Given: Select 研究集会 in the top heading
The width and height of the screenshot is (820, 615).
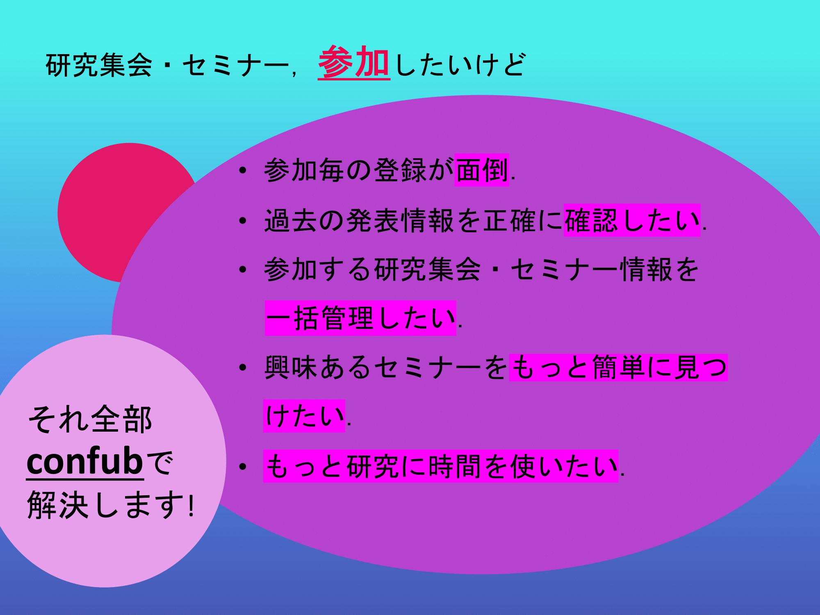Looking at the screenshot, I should point(98,66).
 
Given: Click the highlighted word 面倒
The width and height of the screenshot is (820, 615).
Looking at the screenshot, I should point(482,170).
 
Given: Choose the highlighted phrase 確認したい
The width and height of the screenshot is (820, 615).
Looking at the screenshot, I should point(632,220).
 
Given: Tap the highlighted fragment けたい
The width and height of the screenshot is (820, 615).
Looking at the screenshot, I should point(304,416).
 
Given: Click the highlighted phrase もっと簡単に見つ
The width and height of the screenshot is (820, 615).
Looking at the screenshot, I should point(618,368).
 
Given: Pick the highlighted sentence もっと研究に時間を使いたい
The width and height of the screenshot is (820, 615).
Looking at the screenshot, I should point(440,467).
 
